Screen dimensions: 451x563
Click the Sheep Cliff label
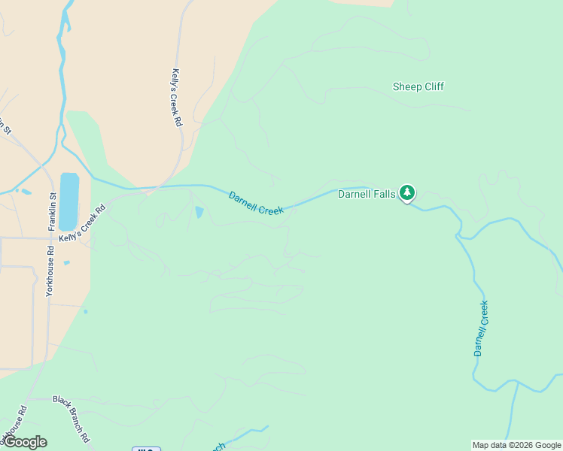point(418,86)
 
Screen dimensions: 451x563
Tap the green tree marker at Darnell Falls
point(407,193)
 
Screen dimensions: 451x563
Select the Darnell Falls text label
point(367,194)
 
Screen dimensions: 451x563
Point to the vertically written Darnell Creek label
point(481,328)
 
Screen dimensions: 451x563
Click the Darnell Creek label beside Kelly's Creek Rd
point(256,203)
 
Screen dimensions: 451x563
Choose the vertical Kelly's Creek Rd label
point(177,98)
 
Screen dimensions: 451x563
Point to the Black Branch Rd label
point(72,418)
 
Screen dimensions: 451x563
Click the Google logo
point(25,442)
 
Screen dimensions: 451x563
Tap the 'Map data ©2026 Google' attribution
point(516,445)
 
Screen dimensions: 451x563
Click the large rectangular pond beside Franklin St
point(68,201)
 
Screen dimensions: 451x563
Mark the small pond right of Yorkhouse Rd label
point(67,263)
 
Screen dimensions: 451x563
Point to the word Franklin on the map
point(53,207)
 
